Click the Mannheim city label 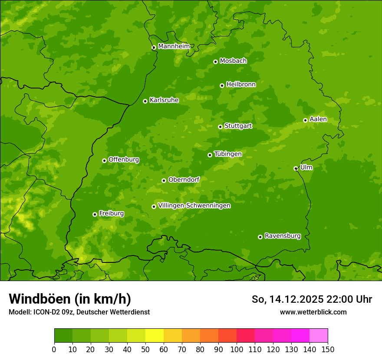coord(174,46)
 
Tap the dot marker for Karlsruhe coord(145,101)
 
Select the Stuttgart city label coord(238,126)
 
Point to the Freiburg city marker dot coord(95,214)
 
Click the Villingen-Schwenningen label coord(194,205)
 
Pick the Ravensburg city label coord(282,236)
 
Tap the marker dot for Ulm coord(296,168)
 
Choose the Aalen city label coord(318,119)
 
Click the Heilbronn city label coord(240,85)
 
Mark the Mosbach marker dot coord(215,62)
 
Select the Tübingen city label coord(227,154)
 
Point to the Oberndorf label coord(184,180)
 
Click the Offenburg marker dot coord(104,160)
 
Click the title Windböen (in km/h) coord(69,299)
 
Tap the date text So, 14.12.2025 coord(288,299)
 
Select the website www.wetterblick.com coord(313,312)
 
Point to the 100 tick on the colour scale coord(237,349)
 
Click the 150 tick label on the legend coord(327,349)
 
